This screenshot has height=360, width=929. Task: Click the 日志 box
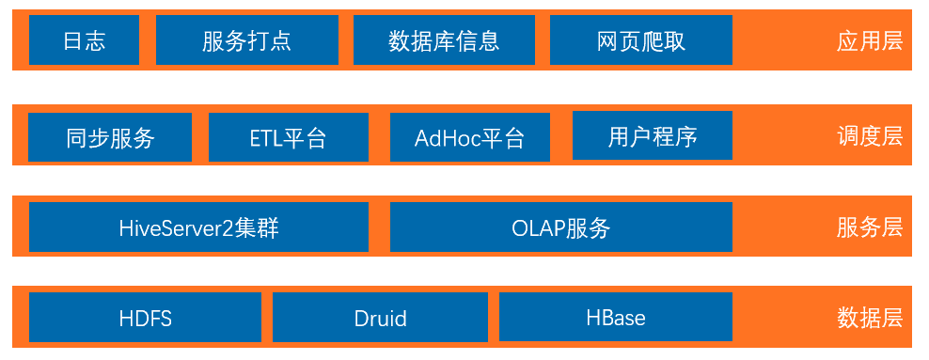pos(84,40)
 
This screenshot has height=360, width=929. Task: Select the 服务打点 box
pos(247,40)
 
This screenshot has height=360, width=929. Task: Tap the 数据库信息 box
pos(445,40)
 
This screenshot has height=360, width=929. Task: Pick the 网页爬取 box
pos(641,40)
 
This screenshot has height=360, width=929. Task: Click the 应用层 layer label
pos(870,41)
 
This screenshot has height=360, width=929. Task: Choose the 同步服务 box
pos(110,137)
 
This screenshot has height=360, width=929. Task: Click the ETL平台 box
pos(289,137)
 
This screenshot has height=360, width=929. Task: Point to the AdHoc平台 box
pos(470,137)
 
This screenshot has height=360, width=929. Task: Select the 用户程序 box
pos(653,135)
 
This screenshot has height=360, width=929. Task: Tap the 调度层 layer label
pos(870,137)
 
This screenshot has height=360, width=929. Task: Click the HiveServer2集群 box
pos(198,227)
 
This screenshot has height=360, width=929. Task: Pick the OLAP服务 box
pos(561,227)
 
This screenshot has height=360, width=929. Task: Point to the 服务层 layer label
pos(870,227)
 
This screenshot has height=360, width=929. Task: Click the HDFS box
pos(145,318)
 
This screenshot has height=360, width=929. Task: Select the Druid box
pos(381,318)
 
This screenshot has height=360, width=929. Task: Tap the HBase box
pos(616,317)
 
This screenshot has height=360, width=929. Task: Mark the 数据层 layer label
pos(870,319)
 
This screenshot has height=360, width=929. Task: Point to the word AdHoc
pos(447,138)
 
